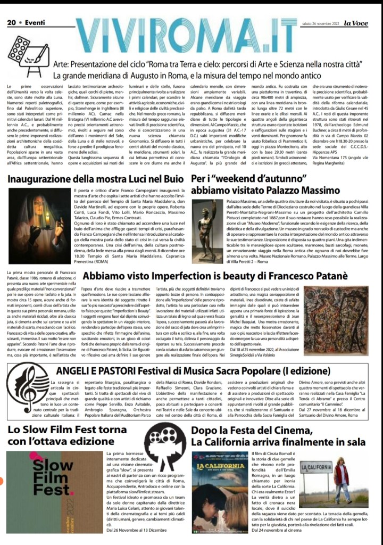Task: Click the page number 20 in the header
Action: tap(11, 8)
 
